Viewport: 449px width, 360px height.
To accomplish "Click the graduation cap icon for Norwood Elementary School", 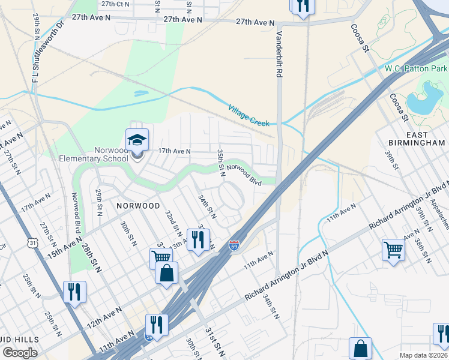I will click(137, 140).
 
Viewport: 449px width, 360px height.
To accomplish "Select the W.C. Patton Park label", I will click(416, 69).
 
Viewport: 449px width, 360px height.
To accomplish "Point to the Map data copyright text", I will click(424, 355).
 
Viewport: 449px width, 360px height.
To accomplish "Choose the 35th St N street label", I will click(221, 163).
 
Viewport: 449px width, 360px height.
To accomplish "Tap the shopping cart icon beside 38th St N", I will click(393, 249).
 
